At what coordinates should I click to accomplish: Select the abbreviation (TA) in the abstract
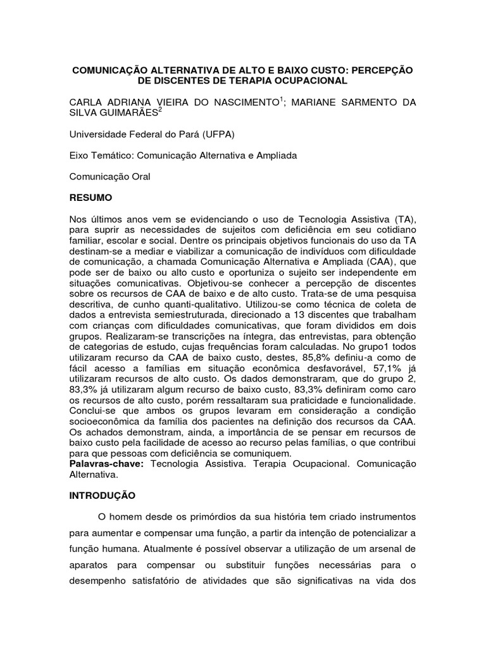point(403,219)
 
